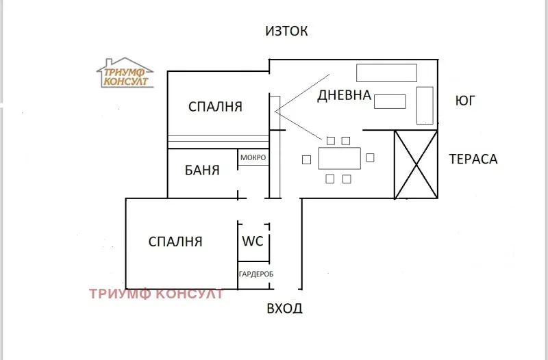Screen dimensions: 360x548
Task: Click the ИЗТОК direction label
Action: click(287, 31)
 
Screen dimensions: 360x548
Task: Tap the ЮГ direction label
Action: click(465, 101)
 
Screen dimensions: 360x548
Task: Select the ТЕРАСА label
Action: click(473, 159)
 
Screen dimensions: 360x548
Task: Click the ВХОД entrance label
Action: click(284, 309)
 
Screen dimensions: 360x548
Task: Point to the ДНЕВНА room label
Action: click(344, 96)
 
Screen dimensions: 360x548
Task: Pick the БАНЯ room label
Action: click(202, 170)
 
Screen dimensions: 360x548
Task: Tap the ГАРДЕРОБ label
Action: click(256, 274)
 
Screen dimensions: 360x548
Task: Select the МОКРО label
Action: click(253, 158)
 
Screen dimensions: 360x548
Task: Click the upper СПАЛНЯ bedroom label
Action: click(216, 107)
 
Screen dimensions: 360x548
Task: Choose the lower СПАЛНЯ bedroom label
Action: click(175, 241)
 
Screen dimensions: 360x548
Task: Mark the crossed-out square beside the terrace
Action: click(415, 164)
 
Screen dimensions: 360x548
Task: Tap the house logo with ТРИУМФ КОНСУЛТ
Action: click(125, 73)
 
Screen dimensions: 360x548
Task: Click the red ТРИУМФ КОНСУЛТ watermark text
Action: click(156, 294)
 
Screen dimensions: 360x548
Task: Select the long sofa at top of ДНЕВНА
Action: click(386, 73)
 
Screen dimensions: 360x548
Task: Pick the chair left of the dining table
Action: click(306, 160)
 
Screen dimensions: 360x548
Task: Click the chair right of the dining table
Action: click(371, 158)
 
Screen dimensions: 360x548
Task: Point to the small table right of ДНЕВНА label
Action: click(390, 101)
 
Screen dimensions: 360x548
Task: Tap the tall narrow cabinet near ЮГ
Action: click(425, 105)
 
